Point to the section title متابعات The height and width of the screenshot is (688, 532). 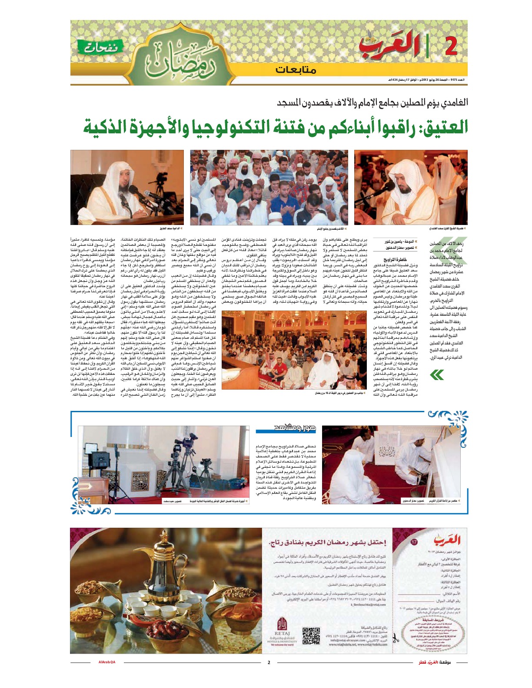[296, 69]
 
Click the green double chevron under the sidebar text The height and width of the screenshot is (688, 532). [436, 374]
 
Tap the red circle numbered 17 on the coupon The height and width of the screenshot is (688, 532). [414, 542]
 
